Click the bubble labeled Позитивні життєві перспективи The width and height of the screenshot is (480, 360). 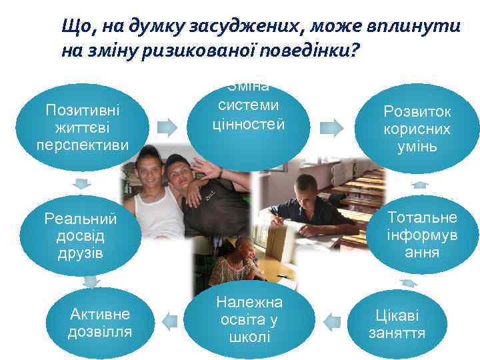point(83,127)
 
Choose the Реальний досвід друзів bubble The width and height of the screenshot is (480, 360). point(80,235)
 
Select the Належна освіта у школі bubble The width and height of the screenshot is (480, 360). point(249,319)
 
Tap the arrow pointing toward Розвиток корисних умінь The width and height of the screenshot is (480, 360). point(328,125)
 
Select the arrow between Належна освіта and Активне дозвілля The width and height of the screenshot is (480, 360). point(170,322)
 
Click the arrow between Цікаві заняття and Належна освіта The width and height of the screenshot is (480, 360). point(331,320)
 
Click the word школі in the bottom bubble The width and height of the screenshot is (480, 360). point(249,335)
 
